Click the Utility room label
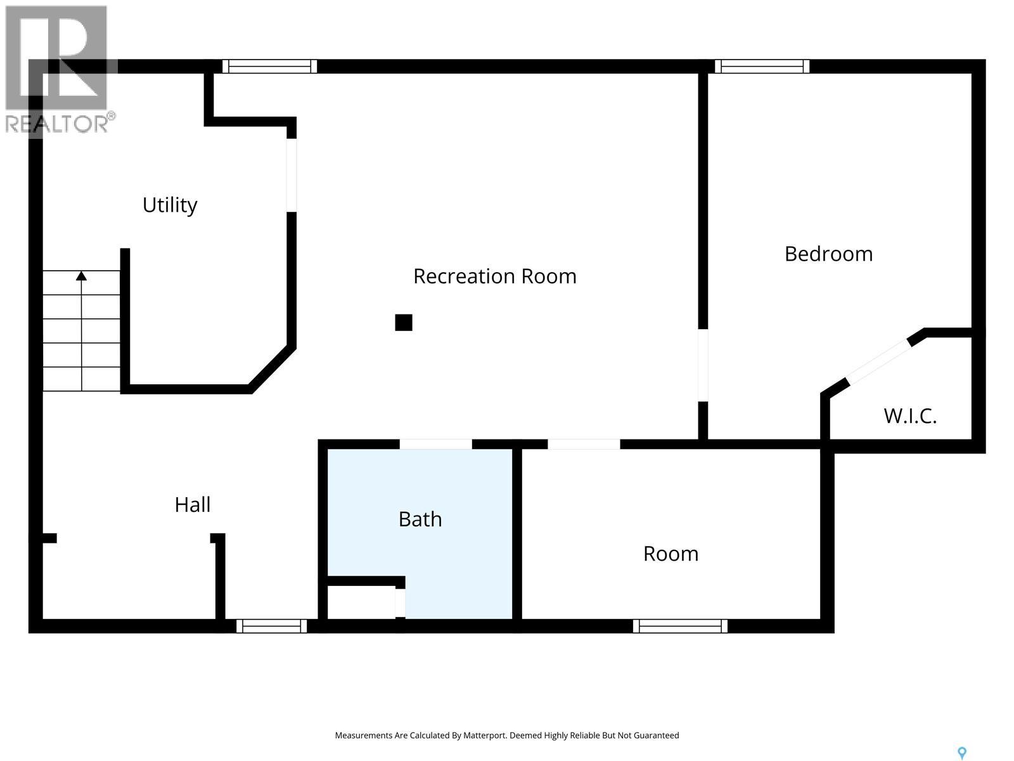pos(170,205)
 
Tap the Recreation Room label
pos(494,276)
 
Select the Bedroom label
pos(828,254)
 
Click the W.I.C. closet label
pos(910,416)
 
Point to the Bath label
pos(420,519)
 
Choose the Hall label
pos(193,505)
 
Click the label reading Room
pos(671,554)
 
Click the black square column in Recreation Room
pos(404,323)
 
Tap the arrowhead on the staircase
pos(81,276)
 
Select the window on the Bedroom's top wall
pos(762,67)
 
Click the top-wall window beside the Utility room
pos(269,67)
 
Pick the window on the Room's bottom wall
pos(680,626)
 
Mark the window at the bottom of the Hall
pos(271,626)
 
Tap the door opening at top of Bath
pos(436,444)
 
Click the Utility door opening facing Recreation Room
pos(292,175)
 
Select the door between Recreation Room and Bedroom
pos(703,365)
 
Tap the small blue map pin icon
pos(962,753)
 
